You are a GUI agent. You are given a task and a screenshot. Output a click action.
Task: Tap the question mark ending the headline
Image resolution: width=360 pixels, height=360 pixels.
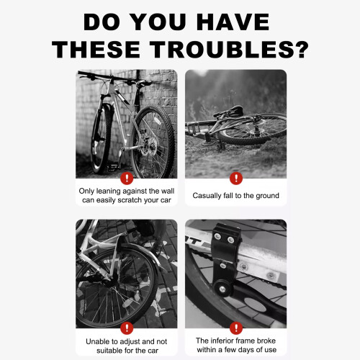point(301,49)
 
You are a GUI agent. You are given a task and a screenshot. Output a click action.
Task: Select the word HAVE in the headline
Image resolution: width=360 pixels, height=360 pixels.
point(233,22)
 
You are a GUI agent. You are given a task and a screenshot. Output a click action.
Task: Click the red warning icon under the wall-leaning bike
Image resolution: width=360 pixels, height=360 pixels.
point(127,179)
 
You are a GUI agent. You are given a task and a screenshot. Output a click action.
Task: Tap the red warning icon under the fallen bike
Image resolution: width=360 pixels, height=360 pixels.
point(236,179)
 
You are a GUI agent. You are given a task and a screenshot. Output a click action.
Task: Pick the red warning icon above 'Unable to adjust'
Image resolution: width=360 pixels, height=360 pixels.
point(127,328)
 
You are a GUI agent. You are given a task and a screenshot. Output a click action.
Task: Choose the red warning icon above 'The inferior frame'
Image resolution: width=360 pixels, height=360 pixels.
point(236,328)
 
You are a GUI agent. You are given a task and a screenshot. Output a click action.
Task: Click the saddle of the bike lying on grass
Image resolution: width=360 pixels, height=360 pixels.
point(229,111)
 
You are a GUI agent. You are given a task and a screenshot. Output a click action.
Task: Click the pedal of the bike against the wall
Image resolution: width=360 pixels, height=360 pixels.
point(112,167)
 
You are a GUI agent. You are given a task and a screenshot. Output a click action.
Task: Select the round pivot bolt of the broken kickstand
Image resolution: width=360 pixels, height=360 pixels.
point(222,289)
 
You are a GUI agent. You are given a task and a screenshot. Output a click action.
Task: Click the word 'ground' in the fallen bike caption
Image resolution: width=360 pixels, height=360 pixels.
point(267,196)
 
